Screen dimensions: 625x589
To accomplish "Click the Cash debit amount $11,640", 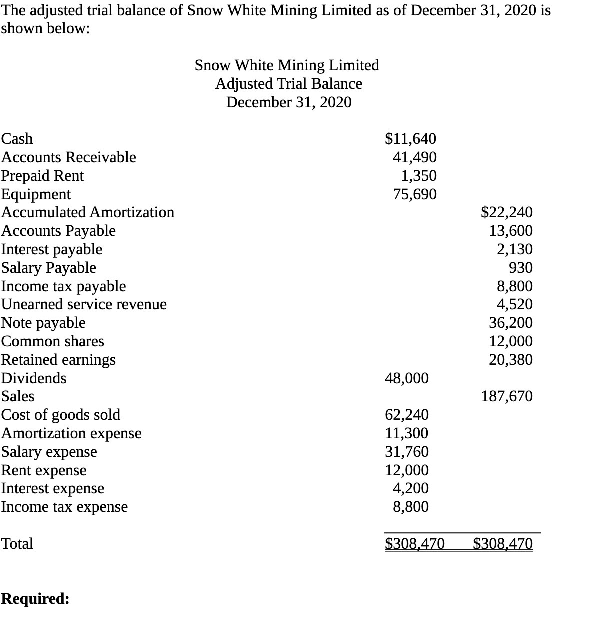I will [410, 138].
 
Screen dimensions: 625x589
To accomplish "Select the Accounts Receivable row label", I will [68, 157].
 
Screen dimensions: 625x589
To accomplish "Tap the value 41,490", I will [414, 157].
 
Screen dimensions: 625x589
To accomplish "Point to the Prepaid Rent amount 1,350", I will [419, 176].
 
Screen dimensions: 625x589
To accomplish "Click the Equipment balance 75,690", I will [414, 194].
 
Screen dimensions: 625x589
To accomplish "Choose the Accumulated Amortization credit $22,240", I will [506, 212].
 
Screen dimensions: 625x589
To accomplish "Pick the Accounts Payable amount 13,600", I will [510, 231].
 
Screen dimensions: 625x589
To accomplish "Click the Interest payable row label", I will [52, 249].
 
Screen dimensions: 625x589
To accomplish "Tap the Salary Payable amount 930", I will [520, 268].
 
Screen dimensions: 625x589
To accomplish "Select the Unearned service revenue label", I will [84, 304].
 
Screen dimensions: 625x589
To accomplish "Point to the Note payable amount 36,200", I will [510, 323].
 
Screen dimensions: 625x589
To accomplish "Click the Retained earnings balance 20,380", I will [510, 360].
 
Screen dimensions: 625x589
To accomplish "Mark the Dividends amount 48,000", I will [406, 378].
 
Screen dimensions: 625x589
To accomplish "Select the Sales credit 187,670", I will [506, 396].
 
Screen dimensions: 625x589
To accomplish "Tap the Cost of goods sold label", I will [61, 415].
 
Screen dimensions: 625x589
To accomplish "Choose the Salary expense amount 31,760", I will [406, 452].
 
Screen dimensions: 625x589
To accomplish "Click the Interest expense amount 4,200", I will [410, 488].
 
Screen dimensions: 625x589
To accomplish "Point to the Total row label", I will [17, 544].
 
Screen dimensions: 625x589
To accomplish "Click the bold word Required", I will [35, 599].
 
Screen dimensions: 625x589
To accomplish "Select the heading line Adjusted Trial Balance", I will [288, 84].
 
